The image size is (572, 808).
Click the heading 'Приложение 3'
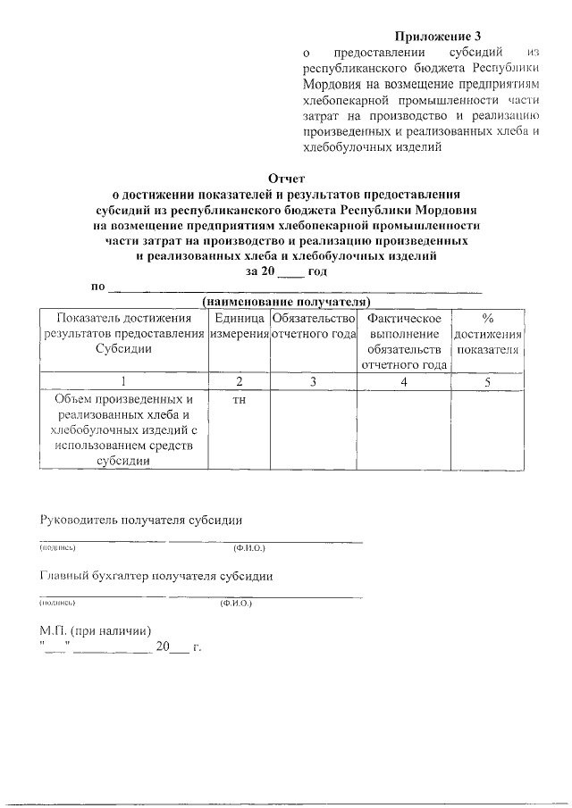[x=437, y=37]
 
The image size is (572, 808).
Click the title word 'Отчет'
[x=286, y=179]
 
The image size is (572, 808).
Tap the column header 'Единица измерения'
[x=239, y=326]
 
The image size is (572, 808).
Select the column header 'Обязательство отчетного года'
[x=314, y=326]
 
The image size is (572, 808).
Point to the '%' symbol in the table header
[x=487, y=318]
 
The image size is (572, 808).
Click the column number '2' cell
[x=239, y=381]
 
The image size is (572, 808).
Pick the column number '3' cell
[x=314, y=381]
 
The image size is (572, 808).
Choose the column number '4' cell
[x=404, y=381]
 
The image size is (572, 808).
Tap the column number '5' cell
[x=487, y=381]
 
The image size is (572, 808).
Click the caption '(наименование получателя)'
[x=286, y=301]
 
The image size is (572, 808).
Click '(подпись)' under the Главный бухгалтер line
[x=56, y=604]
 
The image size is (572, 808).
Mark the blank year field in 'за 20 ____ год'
[x=291, y=271]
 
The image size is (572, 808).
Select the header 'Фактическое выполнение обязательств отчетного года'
[x=404, y=341]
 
